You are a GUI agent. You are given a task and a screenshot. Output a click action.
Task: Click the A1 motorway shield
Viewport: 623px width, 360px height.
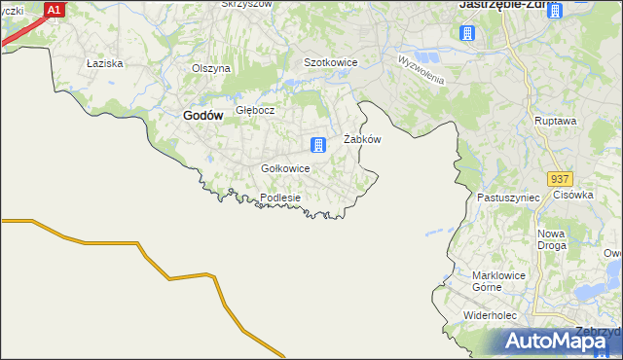coord(55,10)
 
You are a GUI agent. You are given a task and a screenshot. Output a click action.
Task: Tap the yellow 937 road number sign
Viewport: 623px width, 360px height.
coord(559,179)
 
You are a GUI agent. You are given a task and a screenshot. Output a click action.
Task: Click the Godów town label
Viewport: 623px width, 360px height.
coord(203,115)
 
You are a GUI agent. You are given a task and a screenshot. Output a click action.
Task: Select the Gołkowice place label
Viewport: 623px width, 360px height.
coord(285,168)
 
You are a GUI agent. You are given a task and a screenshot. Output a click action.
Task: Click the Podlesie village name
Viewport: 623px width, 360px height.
coord(280,198)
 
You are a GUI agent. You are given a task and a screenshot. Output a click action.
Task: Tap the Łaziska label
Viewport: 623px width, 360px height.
coord(103,63)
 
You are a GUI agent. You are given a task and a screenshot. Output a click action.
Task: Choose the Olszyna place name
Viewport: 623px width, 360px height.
coord(210,68)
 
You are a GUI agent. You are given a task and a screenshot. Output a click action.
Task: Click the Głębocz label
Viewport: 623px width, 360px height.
coord(255,110)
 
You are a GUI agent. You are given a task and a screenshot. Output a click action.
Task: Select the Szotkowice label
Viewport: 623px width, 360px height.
coord(331,62)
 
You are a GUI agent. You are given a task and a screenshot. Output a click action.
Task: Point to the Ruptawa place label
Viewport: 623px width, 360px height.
coord(556,121)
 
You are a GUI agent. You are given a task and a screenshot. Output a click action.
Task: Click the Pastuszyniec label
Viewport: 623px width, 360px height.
coord(508,197)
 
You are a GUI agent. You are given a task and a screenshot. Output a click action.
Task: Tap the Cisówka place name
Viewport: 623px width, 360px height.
coord(573,194)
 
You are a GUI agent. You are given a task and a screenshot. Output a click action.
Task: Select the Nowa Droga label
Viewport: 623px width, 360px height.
coord(552,239)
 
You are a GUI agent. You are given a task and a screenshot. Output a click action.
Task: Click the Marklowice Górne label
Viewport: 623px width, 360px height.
coord(499,281)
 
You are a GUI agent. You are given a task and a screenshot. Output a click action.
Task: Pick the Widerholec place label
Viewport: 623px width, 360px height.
coord(495,316)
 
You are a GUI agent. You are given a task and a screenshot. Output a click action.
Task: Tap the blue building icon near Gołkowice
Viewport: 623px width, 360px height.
coord(317,146)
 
